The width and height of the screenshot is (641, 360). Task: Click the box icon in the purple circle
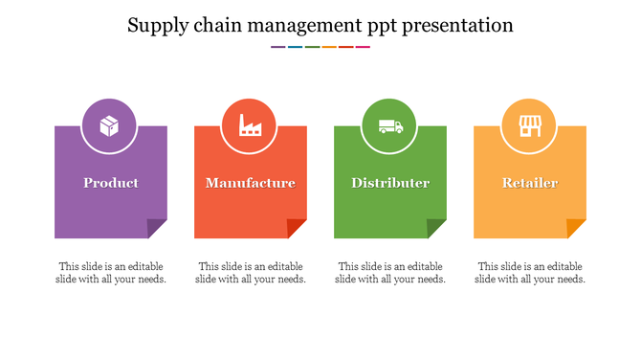pos(110,125)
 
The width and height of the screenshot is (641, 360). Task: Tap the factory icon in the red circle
pos(250,125)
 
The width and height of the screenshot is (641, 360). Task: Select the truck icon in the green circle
pos(390,125)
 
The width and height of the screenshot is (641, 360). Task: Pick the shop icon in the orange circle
pos(530,125)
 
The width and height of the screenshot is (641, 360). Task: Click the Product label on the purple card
pos(111,183)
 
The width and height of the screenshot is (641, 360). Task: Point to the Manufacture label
pos(251,183)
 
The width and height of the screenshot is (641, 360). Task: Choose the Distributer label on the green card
pos(390,183)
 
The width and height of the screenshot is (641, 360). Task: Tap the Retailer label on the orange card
pos(530,183)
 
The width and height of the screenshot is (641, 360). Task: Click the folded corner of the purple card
pos(158,229)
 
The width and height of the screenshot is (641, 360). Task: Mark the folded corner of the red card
pos(298,229)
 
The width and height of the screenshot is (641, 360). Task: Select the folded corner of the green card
pos(437,229)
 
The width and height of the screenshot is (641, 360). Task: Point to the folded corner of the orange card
pos(577,229)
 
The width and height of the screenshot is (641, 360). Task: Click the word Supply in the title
pos(157,26)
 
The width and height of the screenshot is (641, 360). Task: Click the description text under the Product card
pos(111,273)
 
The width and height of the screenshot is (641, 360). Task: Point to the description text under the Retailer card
pos(530,273)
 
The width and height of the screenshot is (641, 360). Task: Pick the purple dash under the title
pos(277,47)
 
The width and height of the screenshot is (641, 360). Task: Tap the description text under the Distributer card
pos(390,273)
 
